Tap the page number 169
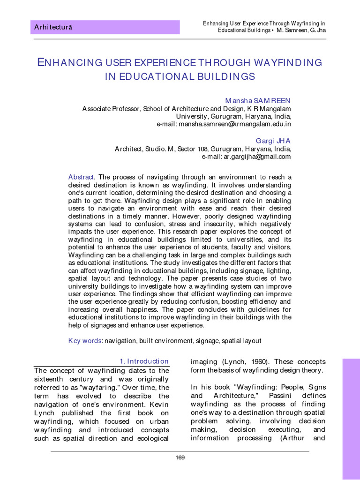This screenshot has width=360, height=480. point(180,457)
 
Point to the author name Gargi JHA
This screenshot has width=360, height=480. point(273,141)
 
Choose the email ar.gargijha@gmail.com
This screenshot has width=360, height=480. point(247,157)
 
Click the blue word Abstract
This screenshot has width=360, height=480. point(82,177)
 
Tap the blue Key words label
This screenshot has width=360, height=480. point(85,341)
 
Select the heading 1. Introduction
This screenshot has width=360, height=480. point(144,361)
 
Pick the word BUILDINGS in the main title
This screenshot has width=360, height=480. point(221,76)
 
